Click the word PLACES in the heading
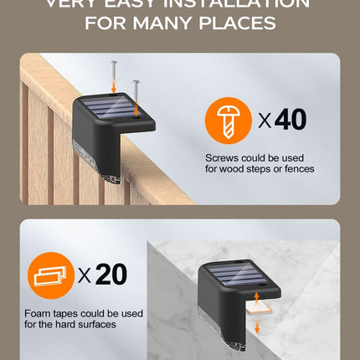point(238,23)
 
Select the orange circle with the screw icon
point(227,120)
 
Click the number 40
point(290,120)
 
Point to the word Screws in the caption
point(222,157)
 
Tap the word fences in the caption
point(298,168)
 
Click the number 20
point(111,274)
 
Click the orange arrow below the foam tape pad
point(256,327)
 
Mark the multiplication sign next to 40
point(264,121)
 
